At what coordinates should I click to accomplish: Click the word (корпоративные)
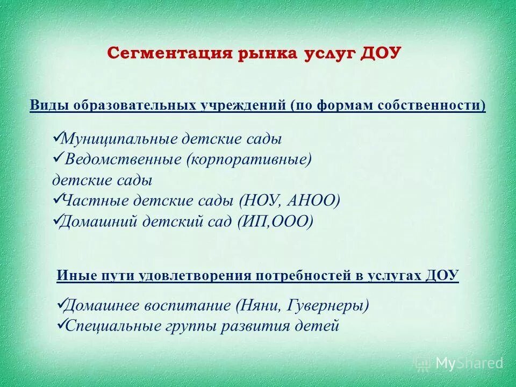pyautogui.click(x=249, y=160)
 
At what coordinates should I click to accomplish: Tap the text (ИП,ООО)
pyautogui.click(x=274, y=221)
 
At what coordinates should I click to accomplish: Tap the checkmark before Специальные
pyautogui.click(x=60, y=324)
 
